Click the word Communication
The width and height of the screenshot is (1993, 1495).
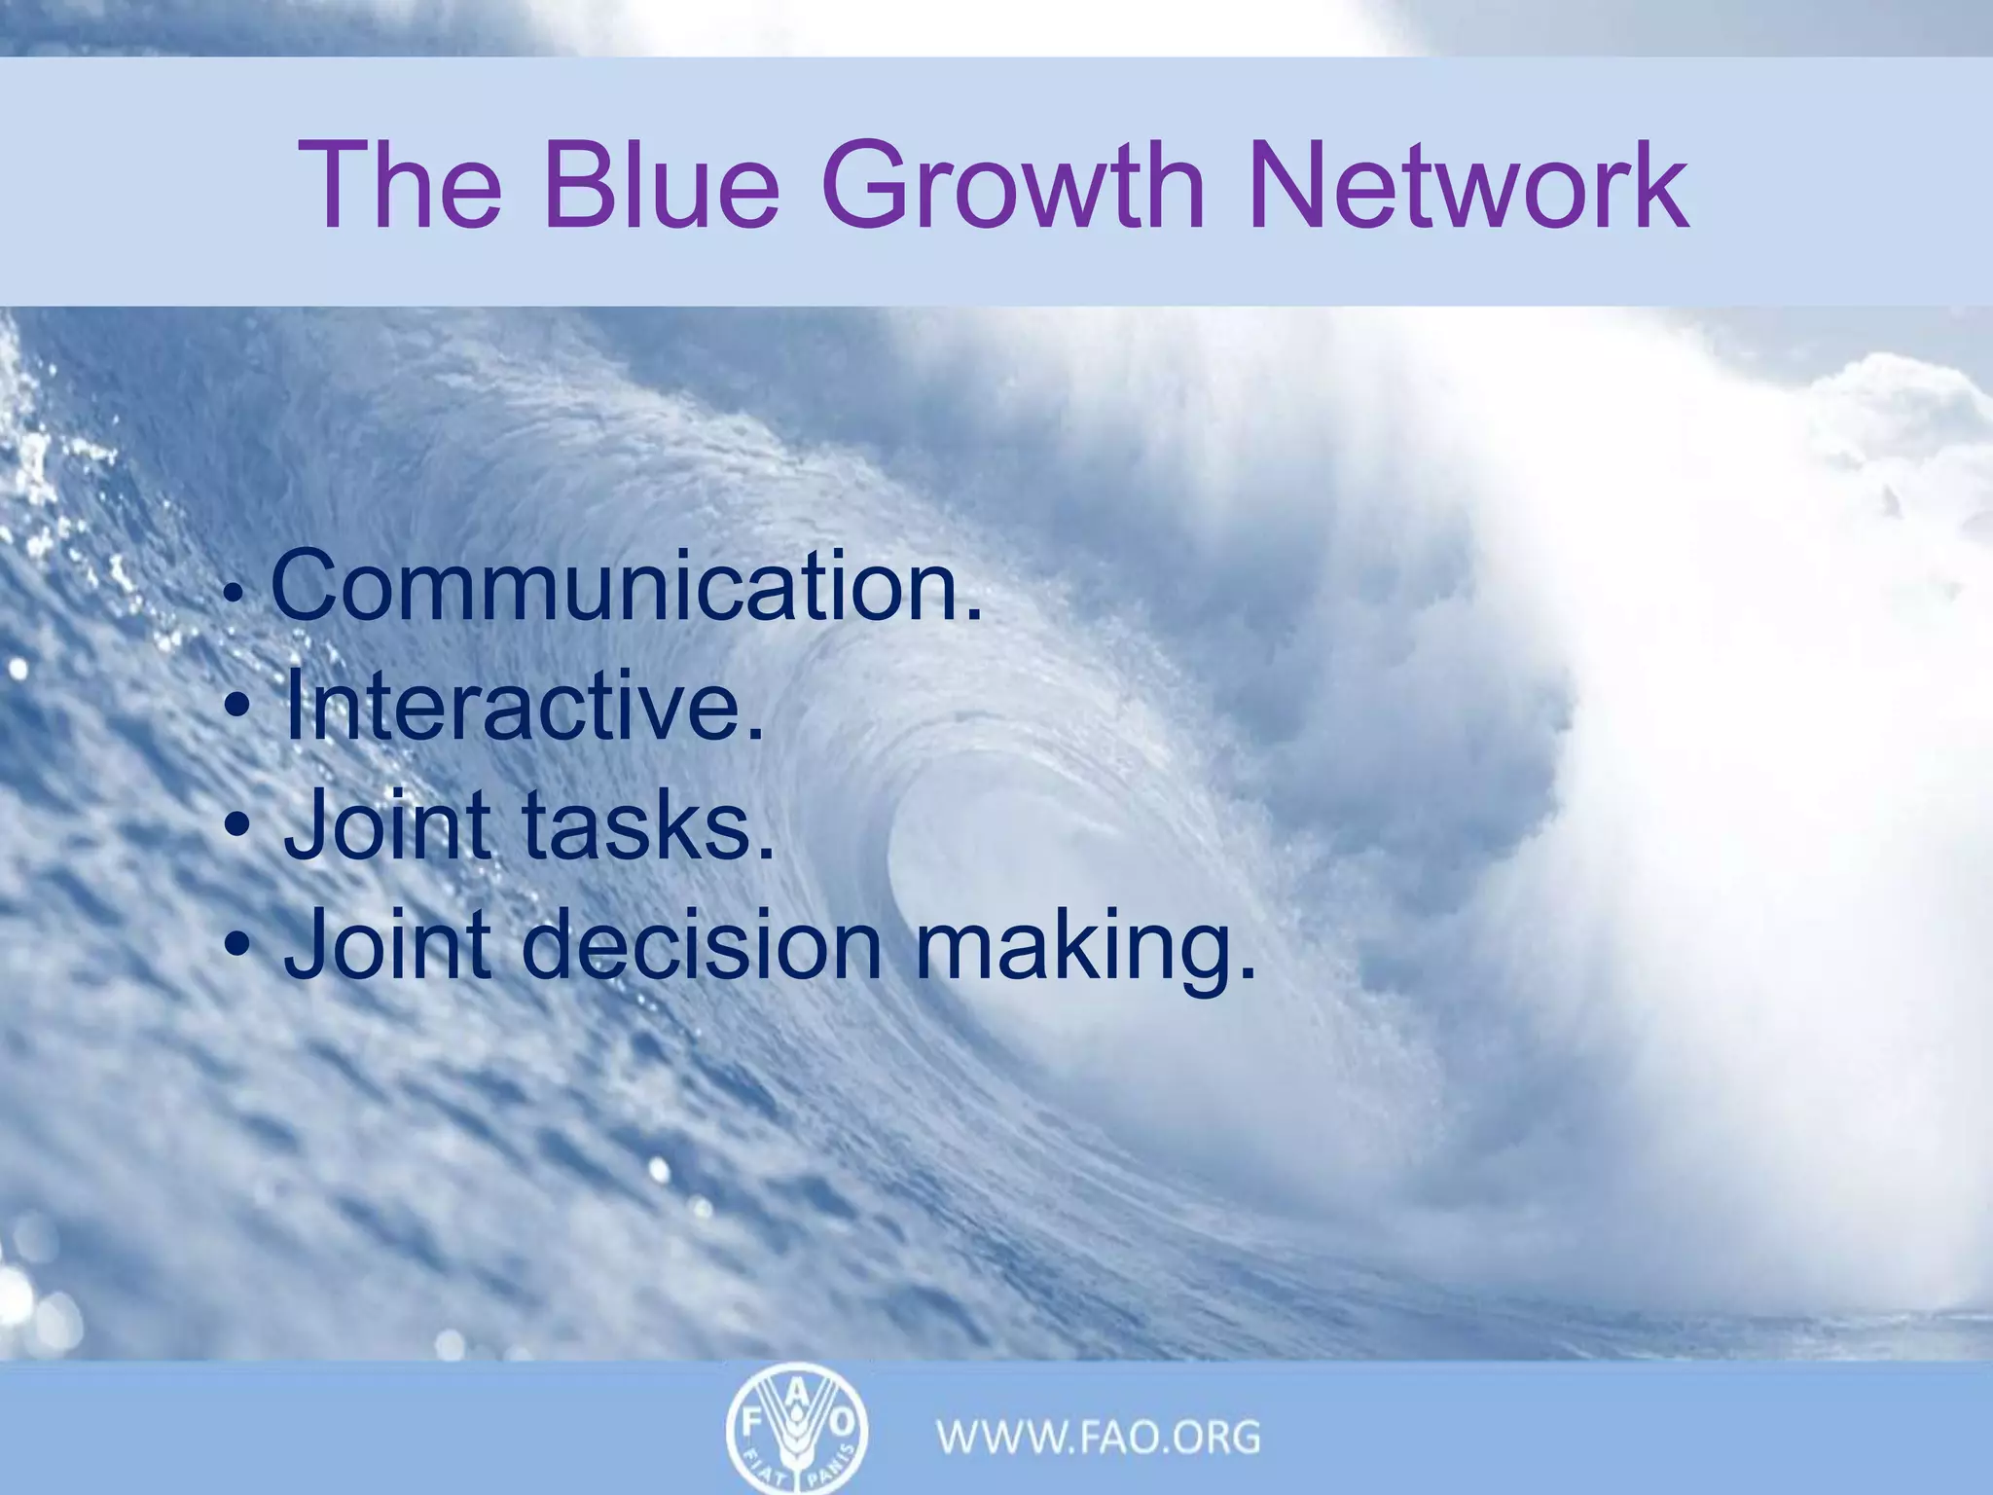point(628,587)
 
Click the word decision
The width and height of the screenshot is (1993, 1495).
point(707,944)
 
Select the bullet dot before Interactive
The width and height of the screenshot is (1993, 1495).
point(237,709)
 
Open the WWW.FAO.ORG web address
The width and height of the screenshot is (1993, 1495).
point(1099,1437)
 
